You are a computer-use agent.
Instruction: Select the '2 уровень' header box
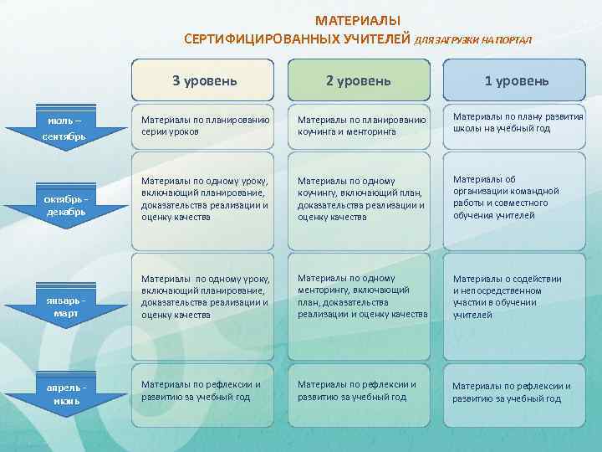coord(358,80)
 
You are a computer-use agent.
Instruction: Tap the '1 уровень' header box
coord(516,80)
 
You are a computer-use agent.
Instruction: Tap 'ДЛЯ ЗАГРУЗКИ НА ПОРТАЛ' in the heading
coord(472,39)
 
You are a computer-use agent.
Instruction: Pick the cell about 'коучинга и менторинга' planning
coord(358,126)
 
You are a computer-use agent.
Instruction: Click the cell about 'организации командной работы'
coord(516,197)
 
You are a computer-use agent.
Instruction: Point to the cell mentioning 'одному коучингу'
coord(358,199)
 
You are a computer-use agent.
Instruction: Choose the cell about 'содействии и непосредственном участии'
coord(516,297)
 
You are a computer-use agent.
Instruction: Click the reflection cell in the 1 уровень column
coord(516,392)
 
